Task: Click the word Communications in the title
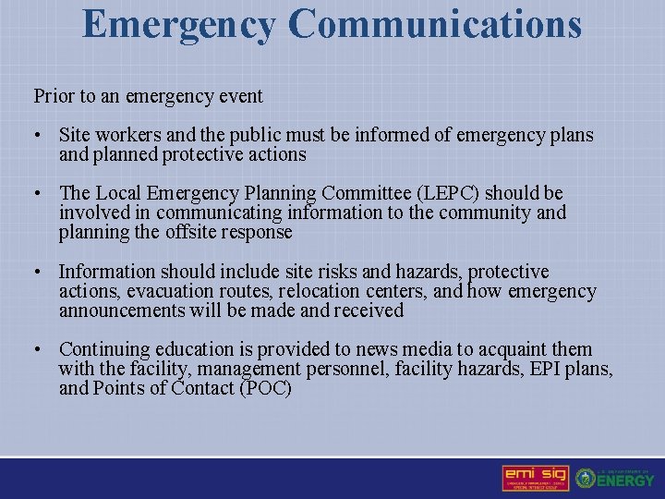point(434,24)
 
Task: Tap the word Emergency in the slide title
point(178,26)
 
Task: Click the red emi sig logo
point(536,478)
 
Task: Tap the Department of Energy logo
point(615,478)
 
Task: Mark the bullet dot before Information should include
point(39,272)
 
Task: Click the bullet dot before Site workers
point(39,136)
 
